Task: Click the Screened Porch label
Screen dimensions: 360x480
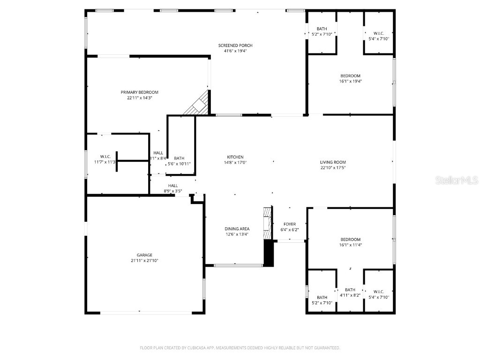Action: tap(235, 45)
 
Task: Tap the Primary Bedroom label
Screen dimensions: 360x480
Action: tap(139, 92)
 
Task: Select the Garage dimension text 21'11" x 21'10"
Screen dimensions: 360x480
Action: tap(144, 261)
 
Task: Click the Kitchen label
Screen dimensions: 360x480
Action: tap(235, 157)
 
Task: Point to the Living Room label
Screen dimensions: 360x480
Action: tap(333, 162)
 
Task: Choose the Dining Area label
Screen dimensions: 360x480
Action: tap(237, 229)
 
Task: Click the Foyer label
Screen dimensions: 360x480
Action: tap(289, 224)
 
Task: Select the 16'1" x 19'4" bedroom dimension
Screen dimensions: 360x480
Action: tap(350, 81)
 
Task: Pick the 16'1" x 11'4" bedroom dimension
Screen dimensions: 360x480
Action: tap(350, 245)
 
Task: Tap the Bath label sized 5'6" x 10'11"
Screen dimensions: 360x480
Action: tap(179, 158)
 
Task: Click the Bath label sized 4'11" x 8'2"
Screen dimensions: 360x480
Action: tap(350, 290)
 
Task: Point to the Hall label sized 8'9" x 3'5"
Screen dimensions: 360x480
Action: tap(172, 186)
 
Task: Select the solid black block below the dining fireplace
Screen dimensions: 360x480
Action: tap(268, 254)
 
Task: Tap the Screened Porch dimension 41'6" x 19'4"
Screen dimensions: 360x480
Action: tap(235, 51)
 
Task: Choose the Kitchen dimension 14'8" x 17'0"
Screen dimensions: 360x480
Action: tap(235, 163)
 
